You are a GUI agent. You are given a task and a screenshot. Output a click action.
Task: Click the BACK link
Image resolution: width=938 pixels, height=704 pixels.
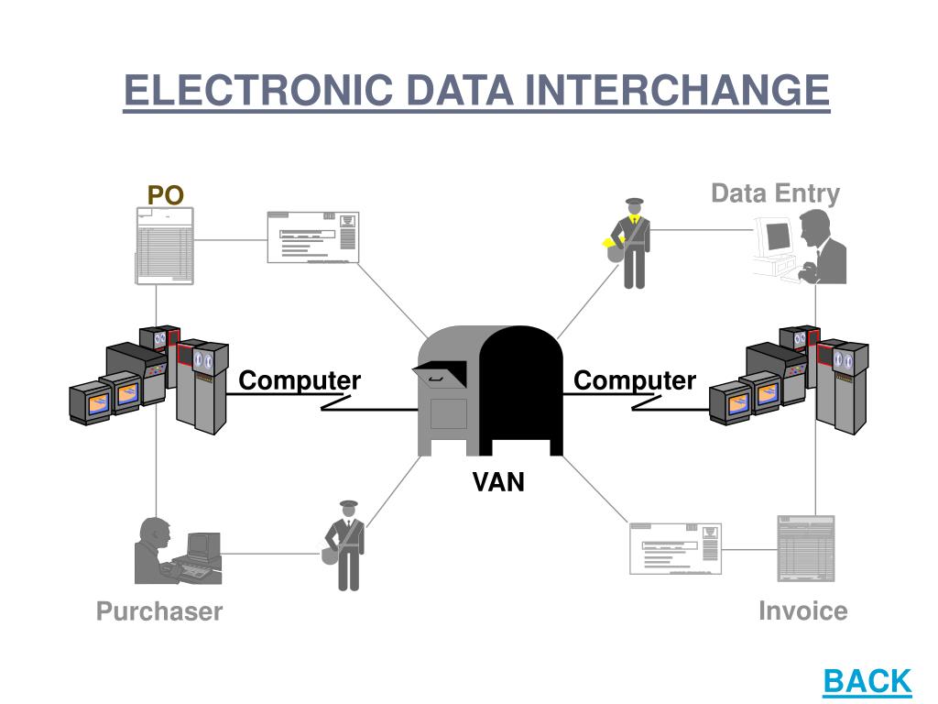867,681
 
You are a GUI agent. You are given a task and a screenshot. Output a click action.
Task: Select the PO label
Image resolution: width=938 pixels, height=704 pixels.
166,194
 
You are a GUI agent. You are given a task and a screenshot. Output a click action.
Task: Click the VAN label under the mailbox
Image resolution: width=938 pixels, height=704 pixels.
498,482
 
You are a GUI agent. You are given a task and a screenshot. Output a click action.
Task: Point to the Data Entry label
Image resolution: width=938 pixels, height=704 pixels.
775,193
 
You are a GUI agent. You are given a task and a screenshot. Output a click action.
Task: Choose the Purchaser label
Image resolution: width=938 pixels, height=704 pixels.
159,611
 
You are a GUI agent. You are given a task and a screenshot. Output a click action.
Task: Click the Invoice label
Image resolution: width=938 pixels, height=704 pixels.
802,610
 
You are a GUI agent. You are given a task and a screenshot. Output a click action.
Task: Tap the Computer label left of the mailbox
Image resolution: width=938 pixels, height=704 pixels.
300,380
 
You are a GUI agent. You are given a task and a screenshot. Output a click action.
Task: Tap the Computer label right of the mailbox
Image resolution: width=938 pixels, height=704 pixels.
635,380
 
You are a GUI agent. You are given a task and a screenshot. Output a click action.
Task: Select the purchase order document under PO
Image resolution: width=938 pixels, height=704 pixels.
165,245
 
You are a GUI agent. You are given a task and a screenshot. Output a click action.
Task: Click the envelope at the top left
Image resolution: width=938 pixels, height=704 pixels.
312,237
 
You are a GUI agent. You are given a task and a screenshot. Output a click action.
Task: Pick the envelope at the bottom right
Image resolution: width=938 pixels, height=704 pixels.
675,548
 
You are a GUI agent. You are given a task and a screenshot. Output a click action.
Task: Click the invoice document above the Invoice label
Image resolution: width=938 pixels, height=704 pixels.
805,548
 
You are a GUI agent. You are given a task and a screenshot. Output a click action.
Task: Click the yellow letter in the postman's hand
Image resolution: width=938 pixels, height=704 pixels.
610,243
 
